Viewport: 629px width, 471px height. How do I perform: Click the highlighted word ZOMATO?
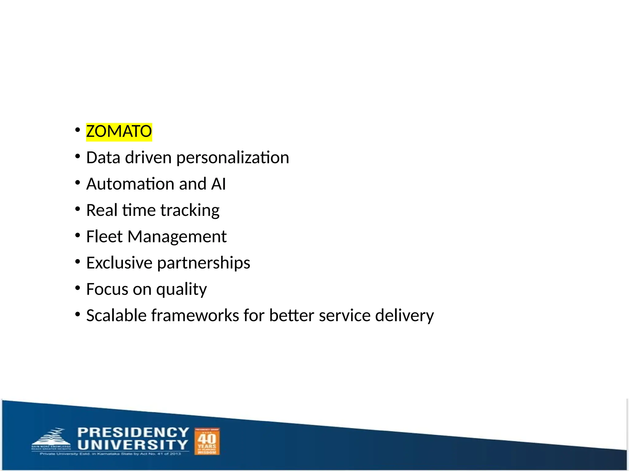pos(119,132)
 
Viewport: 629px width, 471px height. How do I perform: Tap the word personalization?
pos(232,158)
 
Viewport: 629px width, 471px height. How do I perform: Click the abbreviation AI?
pos(218,184)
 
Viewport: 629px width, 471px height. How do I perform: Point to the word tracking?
pos(189,211)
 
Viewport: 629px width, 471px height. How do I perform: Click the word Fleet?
pos(104,237)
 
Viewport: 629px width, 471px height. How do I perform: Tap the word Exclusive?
pos(119,263)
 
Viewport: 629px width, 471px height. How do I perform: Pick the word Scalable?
pos(116,316)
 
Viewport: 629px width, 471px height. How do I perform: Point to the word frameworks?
pos(195,316)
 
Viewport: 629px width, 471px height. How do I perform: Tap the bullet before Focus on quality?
pos(78,288)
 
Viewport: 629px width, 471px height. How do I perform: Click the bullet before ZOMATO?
pos(78,130)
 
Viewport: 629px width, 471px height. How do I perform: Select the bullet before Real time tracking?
pos(78,209)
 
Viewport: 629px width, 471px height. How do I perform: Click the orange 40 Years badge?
pos(207,442)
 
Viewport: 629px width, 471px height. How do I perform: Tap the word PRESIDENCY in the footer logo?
pos(133,432)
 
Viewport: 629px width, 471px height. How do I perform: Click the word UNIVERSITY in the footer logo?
pos(132,445)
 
